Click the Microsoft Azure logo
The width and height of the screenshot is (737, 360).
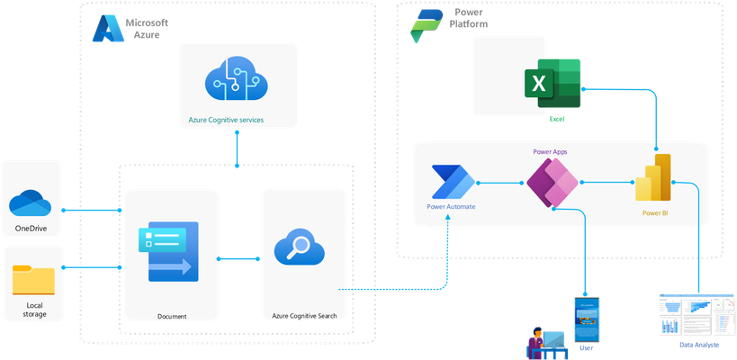pyautogui.click(x=108, y=29)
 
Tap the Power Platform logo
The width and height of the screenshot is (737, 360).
pyautogui.click(x=427, y=26)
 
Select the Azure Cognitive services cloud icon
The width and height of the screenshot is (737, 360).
pyautogui.click(x=237, y=79)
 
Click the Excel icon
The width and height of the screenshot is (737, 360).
pyautogui.click(x=553, y=84)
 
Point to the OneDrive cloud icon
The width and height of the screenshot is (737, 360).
pyautogui.click(x=30, y=203)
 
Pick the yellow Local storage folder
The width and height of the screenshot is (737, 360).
pyautogui.click(x=33, y=280)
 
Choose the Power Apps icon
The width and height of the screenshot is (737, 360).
pyautogui.click(x=553, y=183)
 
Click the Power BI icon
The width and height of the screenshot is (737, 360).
pyautogui.click(x=653, y=177)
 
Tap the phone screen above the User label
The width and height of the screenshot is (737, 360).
pyautogui.click(x=586, y=319)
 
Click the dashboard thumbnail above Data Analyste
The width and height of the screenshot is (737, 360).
pyautogui.click(x=697, y=315)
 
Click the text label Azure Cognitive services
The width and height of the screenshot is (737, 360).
pyautogui.click(x=226, y=120)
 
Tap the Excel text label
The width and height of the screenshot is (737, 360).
pyautogui.click(x=557, y=120)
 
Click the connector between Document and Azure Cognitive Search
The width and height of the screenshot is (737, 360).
pyautogui.click(x=238, y=258)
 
